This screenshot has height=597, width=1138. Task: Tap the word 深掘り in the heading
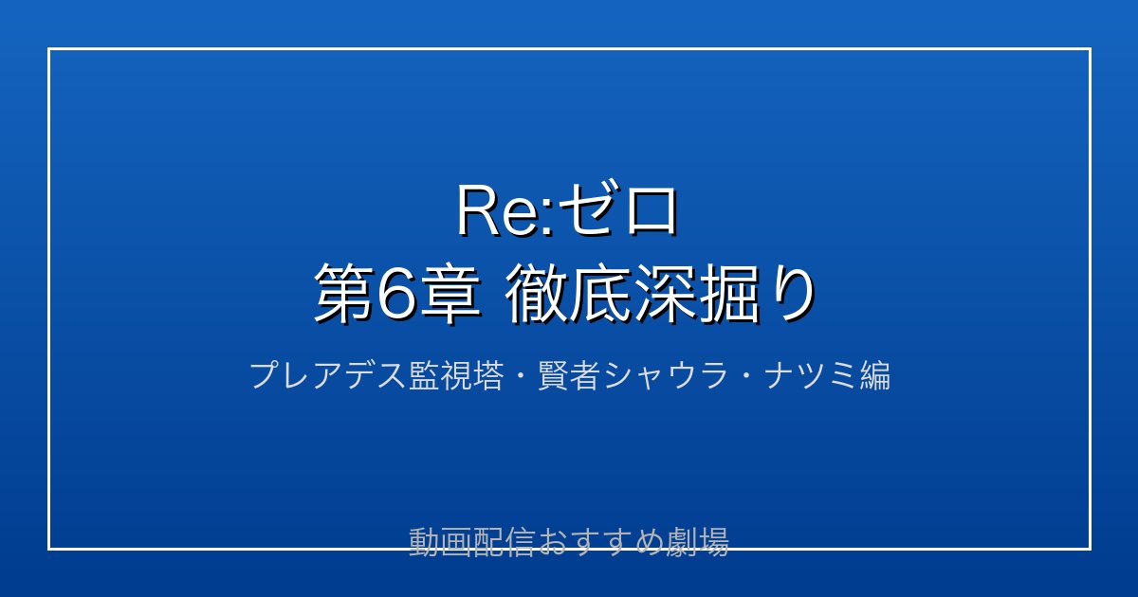(723, 295)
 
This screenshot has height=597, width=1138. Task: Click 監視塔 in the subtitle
(456, 375)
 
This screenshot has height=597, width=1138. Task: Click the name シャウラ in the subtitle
(665, 375)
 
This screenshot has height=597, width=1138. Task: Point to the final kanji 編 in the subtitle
(874, 375)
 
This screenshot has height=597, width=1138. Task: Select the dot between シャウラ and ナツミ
(745, 376)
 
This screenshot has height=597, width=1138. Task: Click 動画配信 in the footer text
(471, 542)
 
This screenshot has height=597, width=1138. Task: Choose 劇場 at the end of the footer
(698, 542)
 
